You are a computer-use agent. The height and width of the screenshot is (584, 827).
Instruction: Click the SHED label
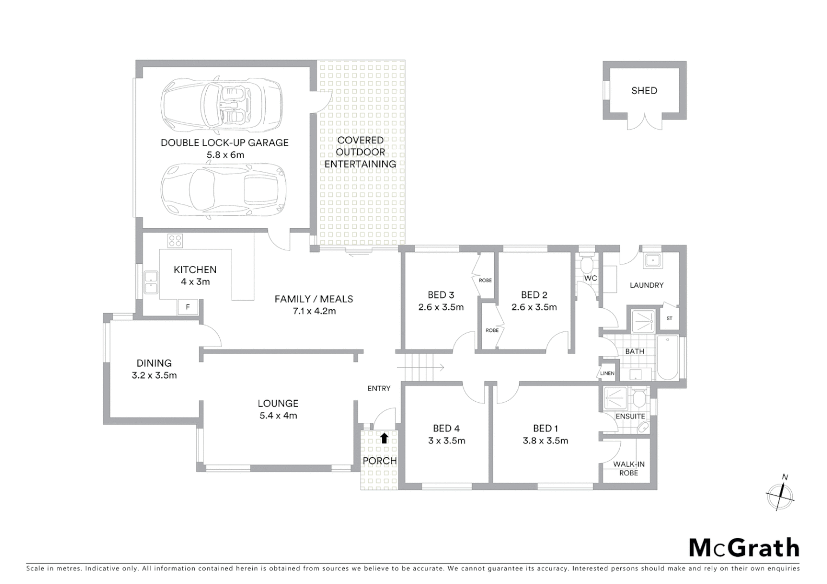(644, 91)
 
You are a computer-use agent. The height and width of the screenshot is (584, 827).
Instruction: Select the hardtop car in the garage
(222, 190)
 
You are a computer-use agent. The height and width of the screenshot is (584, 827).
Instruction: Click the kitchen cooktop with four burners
(175, 240)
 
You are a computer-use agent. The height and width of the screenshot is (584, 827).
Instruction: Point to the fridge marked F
(188, 307)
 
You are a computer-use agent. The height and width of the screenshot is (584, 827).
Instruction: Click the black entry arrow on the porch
(384, 438)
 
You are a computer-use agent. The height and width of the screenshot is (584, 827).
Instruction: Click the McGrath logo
(744, 548)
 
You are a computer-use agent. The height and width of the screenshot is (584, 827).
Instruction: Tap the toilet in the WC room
(586, 264)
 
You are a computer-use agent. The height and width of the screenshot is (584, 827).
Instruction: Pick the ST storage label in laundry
(669, 318)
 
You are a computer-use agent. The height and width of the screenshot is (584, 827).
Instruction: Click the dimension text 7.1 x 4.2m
(314, 311)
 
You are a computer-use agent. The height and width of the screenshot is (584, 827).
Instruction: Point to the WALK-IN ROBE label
(628, 468)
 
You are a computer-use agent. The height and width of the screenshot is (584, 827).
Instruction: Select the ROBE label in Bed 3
(485, 280)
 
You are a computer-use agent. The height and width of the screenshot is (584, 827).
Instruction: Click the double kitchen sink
(150, 283)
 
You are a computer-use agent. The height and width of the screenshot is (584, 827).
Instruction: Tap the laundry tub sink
(653, 261)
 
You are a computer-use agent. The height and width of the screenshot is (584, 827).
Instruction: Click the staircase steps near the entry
(419, 368)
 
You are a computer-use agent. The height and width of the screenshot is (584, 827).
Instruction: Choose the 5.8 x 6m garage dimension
(225, 155)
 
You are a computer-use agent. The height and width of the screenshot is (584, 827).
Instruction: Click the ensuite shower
(615, 399)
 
